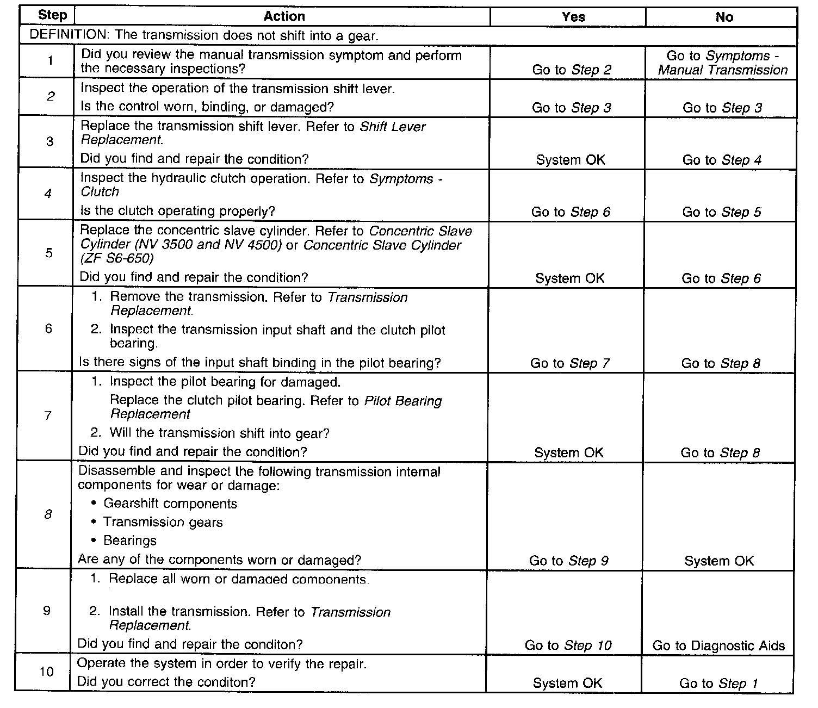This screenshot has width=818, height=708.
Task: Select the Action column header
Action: (x=284, y=17)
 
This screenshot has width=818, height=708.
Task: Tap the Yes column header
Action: (x=573, y=17)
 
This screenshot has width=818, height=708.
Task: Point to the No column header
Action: (x=724, y=17)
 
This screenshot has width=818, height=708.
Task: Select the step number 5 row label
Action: (x=49, y=253)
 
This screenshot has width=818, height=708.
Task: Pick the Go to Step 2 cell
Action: (x=572, y=70)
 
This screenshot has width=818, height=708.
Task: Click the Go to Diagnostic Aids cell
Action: (x=718, y=646)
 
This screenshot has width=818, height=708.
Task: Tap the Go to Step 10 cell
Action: (x=568, y=645)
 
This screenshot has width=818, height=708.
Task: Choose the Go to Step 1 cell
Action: (x=718, y=684)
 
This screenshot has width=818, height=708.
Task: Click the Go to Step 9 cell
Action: (x=568, y=561)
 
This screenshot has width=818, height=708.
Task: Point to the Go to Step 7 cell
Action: (x=569, y=363)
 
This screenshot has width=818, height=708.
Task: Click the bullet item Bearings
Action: (x=130, y=541)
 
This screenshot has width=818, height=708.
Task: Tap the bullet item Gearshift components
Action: (x=170, y=504)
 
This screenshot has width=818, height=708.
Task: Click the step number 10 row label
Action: (x=47, y=672)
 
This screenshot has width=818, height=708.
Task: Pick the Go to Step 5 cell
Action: (x=721, y=212)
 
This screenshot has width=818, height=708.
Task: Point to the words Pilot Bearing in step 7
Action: (x=402, y=401)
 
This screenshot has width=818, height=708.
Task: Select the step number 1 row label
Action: (x=50, y=60)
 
